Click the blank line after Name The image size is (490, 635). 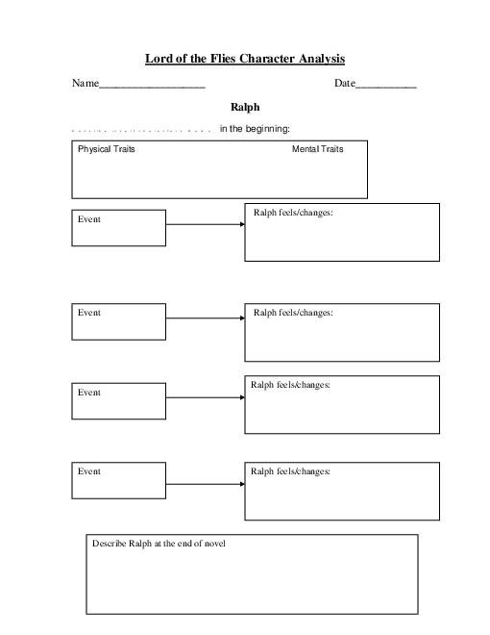coord(153,85)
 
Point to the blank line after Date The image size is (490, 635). coord(386,85)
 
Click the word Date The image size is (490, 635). coord(344,84)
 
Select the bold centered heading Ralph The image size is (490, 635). coord(245,107)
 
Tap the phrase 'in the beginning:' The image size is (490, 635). coord(255,129)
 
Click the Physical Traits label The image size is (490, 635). coord(106,149)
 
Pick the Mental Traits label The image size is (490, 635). coord(317,149)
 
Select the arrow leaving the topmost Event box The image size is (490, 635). coord(205,224)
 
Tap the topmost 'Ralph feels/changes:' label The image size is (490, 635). coord(293,212)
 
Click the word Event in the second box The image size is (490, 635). coord(89,313)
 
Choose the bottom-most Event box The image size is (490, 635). coord(118,479)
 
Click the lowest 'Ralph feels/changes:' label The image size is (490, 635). coord(290,471)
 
